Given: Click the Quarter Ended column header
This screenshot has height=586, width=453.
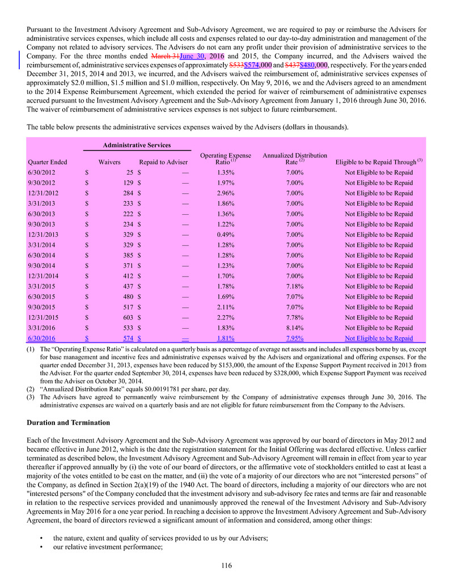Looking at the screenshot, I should coord(46,162).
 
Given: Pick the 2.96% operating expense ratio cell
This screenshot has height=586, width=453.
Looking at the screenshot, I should coord(226,193).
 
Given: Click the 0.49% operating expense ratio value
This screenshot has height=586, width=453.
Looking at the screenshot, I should coord(226,235).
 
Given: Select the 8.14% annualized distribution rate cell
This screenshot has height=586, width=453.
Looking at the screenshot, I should coord(302,328).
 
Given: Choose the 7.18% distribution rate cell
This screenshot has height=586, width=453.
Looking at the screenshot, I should coord(302,286).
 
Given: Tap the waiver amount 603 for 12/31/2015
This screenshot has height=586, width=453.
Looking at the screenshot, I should coord(127,317).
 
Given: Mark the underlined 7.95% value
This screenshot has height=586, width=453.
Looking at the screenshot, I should coord(302,338).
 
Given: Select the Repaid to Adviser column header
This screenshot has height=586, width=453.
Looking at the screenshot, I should coord(163,162).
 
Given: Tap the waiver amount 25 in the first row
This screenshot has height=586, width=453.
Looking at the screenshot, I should coord(129,172).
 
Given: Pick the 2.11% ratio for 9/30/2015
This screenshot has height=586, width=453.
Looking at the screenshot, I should coord(226,307).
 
